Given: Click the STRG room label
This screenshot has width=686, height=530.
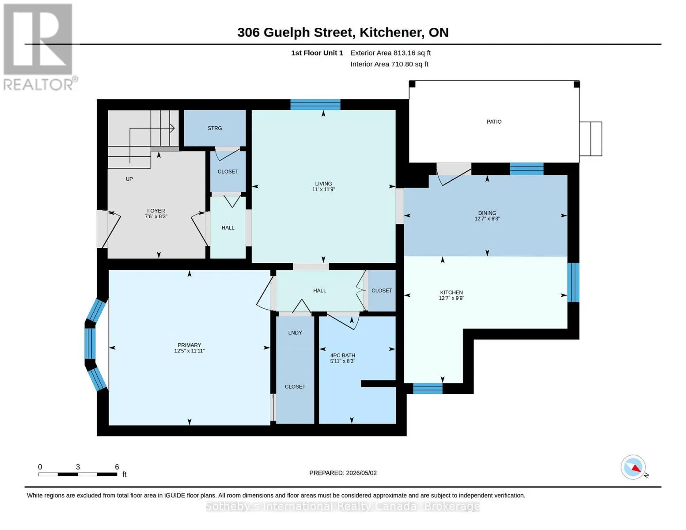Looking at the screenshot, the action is [x=215, y=128].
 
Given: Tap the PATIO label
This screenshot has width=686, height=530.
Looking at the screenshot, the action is [x=494, y=121].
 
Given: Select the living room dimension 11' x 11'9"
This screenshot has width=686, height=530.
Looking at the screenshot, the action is [x=323, y=189].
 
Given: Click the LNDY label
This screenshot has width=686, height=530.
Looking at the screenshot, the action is [x=295, y=333].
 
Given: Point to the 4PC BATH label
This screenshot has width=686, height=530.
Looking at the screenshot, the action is [x=342, y=356].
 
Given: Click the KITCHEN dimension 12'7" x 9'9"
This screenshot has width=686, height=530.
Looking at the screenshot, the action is [x=451, y=298].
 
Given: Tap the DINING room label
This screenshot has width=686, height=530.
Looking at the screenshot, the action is [x=487, y=213].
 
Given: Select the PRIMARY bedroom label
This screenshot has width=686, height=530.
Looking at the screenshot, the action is [x=189, y=345].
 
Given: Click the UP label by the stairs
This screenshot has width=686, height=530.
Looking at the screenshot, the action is [x=129, y=179].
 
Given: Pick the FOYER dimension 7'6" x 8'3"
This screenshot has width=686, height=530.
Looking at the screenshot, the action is [x=156, y=216].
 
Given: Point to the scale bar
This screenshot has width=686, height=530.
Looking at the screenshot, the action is [x=78, y=474].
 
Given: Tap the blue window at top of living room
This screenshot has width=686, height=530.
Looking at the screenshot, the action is [x=315, y=105].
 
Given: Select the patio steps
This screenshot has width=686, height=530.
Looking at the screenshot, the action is [x=591, y=139].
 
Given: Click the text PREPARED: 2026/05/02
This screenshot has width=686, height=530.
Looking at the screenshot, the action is [x=343, y=473].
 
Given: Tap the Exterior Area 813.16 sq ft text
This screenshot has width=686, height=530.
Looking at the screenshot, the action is [x=390, y=53].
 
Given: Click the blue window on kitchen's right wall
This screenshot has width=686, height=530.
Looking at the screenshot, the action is [x=573, y=282].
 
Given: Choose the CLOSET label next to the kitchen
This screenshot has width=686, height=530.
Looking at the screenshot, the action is [x=382, y=291].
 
